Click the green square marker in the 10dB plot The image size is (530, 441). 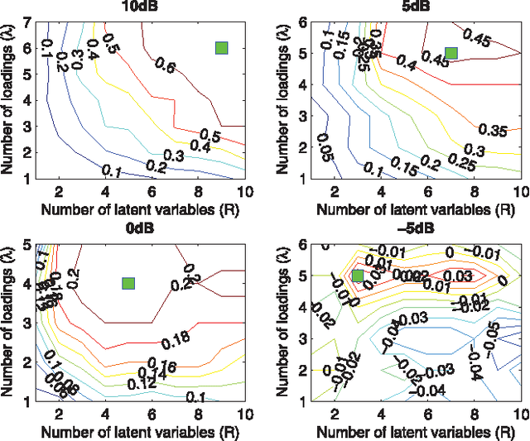pos(221,48)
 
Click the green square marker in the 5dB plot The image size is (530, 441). pos(450,54)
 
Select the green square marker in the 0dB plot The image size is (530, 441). pos(128,284)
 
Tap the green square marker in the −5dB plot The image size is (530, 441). pos(358,276)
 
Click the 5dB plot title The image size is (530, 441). pos(409,7)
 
